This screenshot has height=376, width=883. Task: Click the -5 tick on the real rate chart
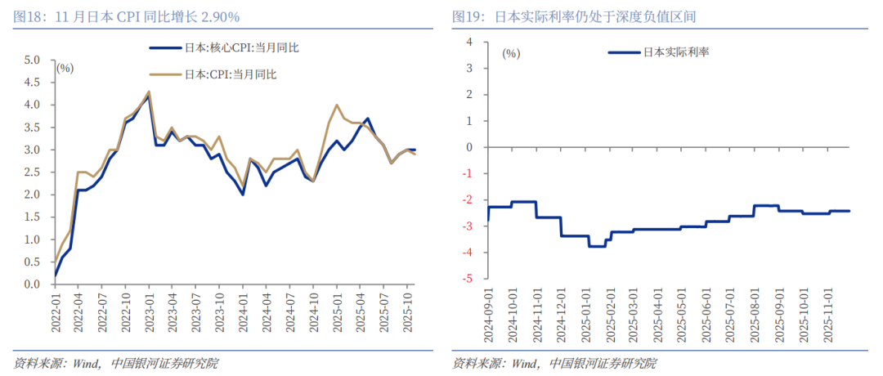click(468, 279)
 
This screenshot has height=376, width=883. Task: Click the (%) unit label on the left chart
click(65, 68)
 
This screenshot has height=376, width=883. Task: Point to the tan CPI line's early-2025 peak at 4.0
click(337, 105)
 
